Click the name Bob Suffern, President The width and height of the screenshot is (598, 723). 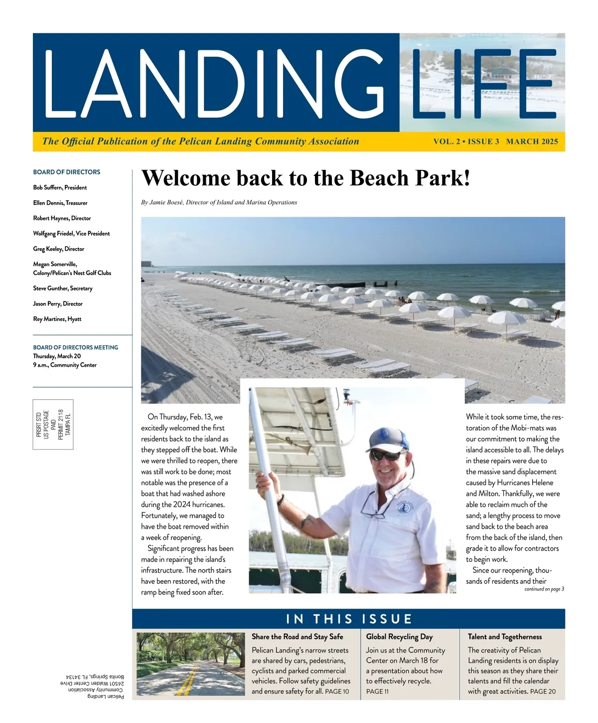pyautogui.click(x=60, y=187)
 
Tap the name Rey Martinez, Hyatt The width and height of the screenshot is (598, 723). pyautogui.click(x=57, y=319)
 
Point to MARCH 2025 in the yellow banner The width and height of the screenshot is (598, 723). pyautogui.click(x=532, y=142)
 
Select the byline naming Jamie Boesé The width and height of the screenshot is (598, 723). pyautogui.click(x=219, y=202)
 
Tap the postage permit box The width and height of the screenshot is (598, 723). pyautogui.click(x=53, y=424)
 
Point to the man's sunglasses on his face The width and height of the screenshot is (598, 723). pyautogui.click(x=387, y=455)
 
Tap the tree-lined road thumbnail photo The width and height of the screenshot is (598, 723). pyautogui.click(x=190, y=664)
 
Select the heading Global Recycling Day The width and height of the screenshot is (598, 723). pyautogui.click(x=399, y=637)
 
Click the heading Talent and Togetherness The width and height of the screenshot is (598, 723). pyautogui.click(x=504, y=637)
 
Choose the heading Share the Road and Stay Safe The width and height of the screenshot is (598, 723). pyautogui.click(x=297, y=637)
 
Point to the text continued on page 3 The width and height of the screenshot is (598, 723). pyautogui.click(x=544, y=589)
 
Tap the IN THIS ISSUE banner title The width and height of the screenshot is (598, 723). pyautogui.click(x=349, y=619)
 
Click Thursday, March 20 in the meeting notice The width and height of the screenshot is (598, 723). pyautogui.click(x=57, y=356)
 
